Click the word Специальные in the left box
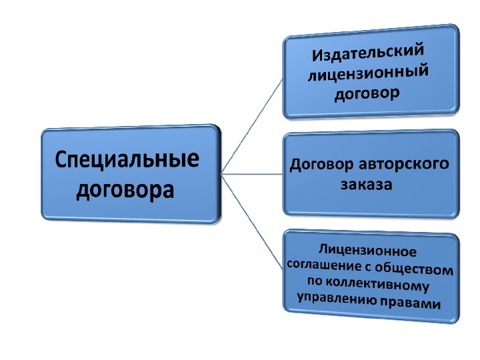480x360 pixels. (127, 162)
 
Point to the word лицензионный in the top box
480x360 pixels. (369, 73)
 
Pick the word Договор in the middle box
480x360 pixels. (318, 165)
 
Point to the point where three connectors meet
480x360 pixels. (221, 175)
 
